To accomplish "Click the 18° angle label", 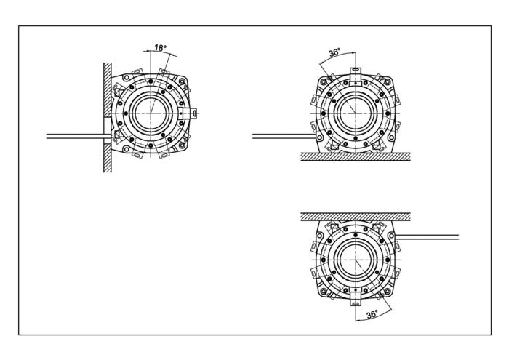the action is pos(161,48).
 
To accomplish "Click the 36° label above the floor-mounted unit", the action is pos(334,52).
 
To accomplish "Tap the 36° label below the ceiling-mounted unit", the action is pos(372,314).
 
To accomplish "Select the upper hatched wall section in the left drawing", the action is pos(108,90).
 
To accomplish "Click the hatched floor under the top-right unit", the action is pos(356,157).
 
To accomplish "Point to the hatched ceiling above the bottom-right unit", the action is pos(356,217).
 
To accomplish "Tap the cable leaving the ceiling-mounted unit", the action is pos(428,237).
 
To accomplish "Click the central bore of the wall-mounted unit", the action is pos(151,113).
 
